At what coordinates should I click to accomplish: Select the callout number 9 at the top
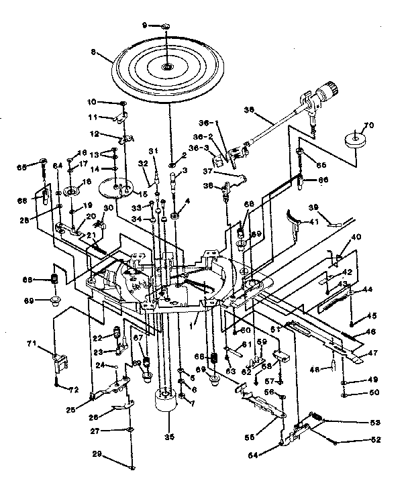tap(143, 25)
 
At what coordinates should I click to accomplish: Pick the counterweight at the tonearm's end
tap(329, 87)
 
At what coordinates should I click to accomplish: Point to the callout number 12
tap(95, 134)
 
